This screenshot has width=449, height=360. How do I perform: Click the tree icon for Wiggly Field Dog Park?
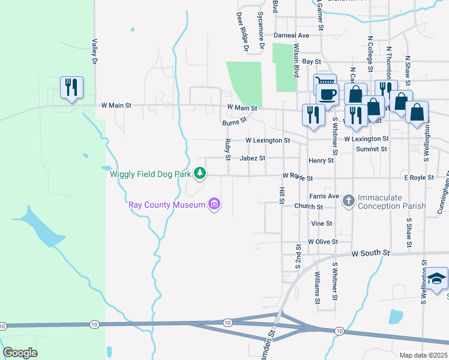[200, 175]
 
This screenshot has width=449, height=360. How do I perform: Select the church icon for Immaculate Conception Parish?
[349, 201]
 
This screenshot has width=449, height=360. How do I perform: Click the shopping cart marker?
[325, 83]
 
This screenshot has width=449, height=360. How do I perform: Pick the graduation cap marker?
[437, 279]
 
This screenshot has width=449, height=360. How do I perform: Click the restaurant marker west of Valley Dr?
[71, 88]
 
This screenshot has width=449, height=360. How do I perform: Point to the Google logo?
[20, 352]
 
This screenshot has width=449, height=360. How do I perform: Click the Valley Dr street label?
[94, 52]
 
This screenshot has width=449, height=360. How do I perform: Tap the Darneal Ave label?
[291, 35]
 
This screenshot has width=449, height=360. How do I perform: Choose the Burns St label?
[234, 121]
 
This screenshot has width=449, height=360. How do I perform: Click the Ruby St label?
[228, 149]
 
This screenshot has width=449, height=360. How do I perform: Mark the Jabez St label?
[252, 159]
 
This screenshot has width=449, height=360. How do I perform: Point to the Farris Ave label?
[324, 196]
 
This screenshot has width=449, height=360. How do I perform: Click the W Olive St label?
[323, 242]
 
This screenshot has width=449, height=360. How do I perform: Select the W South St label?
[370, 254]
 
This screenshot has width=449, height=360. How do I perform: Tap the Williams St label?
[317, 287]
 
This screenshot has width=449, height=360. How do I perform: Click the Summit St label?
[371, 149]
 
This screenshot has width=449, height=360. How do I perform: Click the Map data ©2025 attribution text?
[423, 355]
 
